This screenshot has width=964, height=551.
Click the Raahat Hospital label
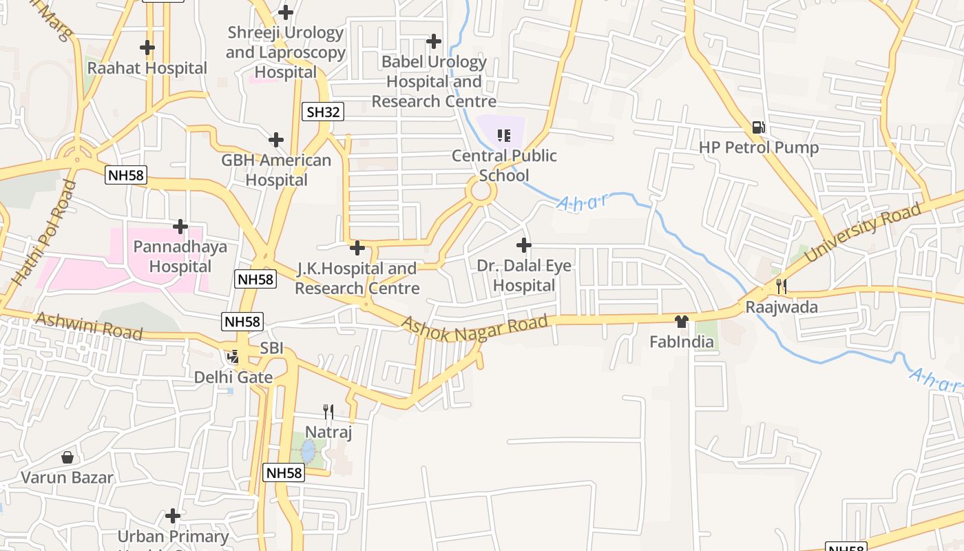click(147, 68)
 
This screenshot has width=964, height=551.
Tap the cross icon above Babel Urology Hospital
click(434, 41)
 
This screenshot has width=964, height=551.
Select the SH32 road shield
click(322, 112)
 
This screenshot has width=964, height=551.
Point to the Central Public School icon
click(504, 135)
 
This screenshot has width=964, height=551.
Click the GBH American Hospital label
click(276, 170)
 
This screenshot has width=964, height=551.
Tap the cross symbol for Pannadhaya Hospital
click(180, 226)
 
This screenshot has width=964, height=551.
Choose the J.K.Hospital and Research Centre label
click(357, 278)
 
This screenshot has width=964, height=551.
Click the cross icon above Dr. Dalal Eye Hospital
click(524, 245)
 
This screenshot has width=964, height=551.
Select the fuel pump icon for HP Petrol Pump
click(759, 127)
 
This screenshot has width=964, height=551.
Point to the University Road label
click(862, 233)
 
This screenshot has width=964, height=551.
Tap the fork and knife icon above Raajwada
click(782, 286)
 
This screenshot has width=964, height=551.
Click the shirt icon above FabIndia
click(682, 322)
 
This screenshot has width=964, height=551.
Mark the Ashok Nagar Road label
click(475, 329)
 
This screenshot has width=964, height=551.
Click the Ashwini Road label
click(88, 326)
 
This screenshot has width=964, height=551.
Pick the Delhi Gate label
click(233, 377)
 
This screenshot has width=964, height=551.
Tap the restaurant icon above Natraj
click(328, 412)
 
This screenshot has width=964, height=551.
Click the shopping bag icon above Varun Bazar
click(67, 457)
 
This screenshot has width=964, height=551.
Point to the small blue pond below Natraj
click(308, 452)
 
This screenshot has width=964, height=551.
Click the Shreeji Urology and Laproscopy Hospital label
click(285, 52)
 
